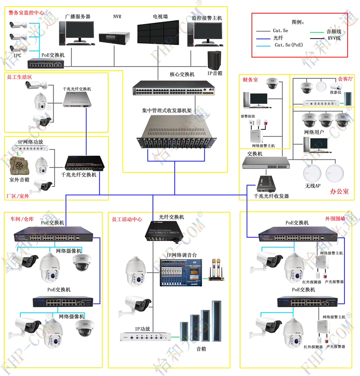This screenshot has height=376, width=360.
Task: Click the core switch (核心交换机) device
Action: (x=174, y=88)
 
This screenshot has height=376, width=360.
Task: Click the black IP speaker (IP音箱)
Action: (x=214, y=60)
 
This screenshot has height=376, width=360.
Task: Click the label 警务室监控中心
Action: (x=26, y=12)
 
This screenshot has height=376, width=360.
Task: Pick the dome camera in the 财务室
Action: (x=272, y=83)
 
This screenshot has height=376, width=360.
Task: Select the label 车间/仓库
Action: (x=22, y=219)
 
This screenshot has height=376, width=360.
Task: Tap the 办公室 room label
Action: (x=339, y=191)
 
